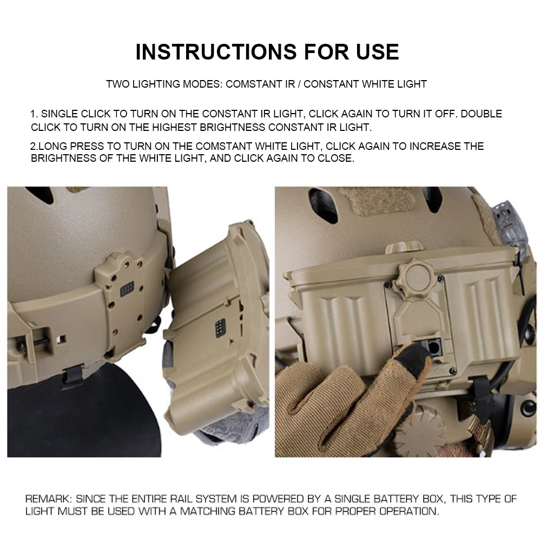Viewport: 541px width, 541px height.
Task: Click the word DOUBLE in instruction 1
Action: click(481, 114)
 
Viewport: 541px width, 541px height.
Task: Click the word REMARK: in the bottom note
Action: click(49, 498)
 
